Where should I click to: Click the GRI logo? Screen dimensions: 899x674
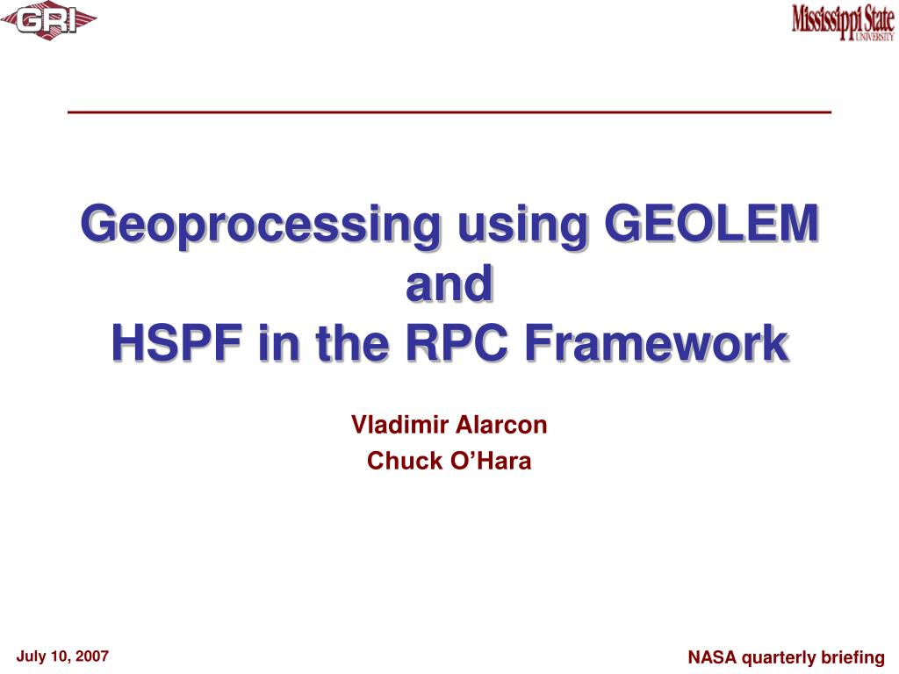point(48,22)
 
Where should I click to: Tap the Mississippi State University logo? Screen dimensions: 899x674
point(842,22)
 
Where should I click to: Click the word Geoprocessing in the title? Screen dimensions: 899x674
point(261,225)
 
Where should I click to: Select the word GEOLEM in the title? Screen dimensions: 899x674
point(711,223)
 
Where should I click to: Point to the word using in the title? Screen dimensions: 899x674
point(522,226)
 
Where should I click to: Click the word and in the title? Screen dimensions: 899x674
point(449,283)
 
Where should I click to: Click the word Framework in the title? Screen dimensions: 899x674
point(657,343)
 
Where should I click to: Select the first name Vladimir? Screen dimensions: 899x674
point(399,425)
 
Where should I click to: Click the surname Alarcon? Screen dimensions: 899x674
point(501,425)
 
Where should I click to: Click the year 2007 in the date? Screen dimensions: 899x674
point(91,656)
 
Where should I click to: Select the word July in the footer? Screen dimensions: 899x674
point(30,656)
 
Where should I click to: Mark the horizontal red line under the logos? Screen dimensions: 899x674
point(449,112)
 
